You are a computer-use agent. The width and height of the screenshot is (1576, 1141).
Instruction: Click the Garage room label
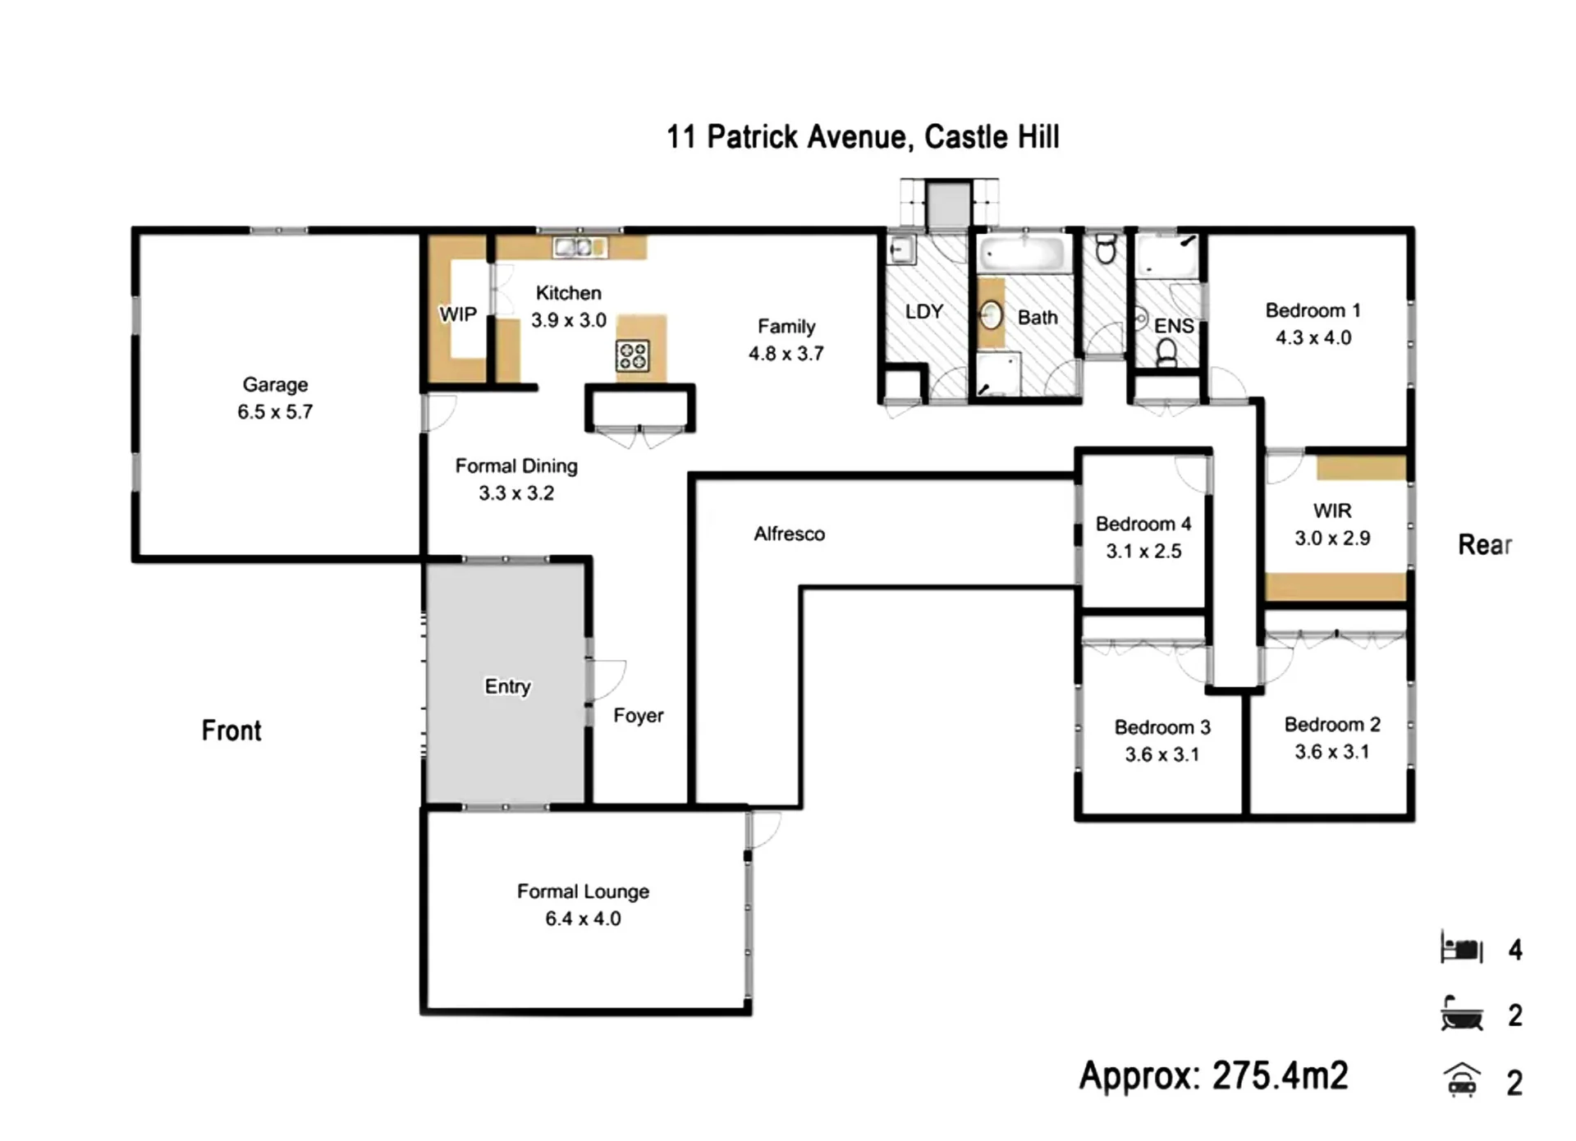tap(275, 384)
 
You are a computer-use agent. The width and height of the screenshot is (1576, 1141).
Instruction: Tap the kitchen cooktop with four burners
tap(632, 356)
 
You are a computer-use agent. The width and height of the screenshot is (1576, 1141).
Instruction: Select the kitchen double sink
tap(580, 246)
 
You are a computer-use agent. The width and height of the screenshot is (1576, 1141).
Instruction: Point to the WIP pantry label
tap(458, 314)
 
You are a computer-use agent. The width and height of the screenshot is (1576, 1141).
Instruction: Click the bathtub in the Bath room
tap(1024, 254)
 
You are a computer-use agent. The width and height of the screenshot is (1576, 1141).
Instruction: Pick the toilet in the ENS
tap(1166, 354)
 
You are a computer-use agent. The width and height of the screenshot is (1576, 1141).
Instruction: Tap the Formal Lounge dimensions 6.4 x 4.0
tap(583, 919)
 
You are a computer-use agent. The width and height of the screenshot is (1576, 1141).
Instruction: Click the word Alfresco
tap(790, 534)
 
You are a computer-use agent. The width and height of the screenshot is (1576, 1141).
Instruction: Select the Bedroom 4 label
tap(1143, 524)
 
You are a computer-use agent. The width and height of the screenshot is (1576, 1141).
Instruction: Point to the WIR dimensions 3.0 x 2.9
tap(1332, 538)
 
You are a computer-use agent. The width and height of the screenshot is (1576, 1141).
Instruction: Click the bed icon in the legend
tap(1462, 948)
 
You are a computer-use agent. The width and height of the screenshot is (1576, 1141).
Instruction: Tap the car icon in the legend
tap(1462, 1080)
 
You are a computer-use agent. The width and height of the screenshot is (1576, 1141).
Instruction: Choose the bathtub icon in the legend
tap(1462, 1014)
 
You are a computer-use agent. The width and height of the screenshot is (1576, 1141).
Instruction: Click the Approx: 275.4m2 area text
tap(1213, 1075)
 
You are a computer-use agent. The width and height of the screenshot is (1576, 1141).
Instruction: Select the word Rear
tap(1485, 544)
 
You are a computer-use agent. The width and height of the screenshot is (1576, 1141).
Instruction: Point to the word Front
tap(231, 731)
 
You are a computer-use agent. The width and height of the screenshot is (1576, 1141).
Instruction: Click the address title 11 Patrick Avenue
tap(789, 137)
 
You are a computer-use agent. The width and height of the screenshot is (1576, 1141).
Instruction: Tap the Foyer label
tap(639, 716)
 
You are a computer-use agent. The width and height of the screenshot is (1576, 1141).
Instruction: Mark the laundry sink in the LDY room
tap(902, 250)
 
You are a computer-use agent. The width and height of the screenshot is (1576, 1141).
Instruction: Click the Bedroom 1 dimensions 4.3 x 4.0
tap(1313, 337)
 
